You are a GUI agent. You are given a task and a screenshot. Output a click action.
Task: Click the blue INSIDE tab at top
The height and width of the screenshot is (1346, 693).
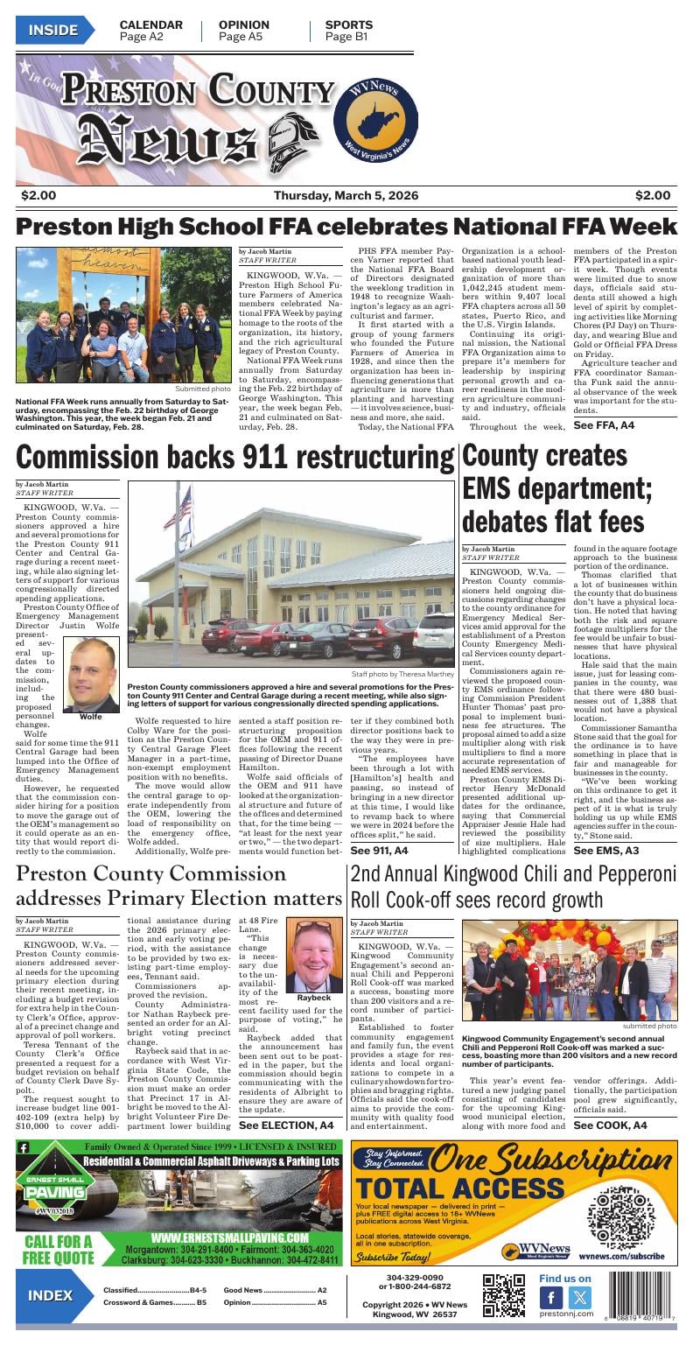click(53, 31)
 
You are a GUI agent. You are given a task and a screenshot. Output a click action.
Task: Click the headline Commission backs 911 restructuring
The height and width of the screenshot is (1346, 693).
click(234, 458)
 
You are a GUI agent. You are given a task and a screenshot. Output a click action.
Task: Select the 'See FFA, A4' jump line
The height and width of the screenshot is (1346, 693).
click(604, 425)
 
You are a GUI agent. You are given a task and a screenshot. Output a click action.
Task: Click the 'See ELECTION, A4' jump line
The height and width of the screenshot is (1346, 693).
click(286, 1125)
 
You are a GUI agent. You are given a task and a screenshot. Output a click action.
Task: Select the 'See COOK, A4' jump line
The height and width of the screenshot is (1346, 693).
click(610, 1125)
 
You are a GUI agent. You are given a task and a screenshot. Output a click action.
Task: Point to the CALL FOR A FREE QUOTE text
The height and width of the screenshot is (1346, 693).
click(58, 1249)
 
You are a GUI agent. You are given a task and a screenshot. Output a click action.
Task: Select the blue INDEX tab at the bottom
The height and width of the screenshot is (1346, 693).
click(51, 1296)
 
